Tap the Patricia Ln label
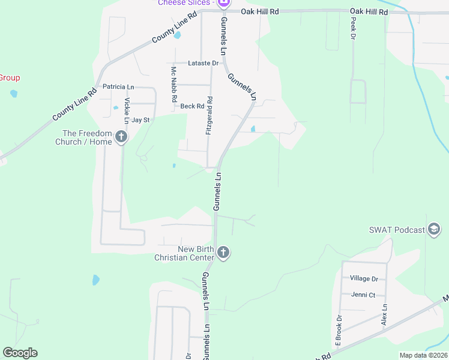(x=118, y=86)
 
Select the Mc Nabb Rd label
(x=173, y=83)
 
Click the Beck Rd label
(x=193, y=106)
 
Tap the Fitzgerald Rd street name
(x=209, y=115)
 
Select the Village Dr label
(x=364, y=278)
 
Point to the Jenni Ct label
(x=363, y=295)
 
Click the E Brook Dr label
(x=339, y=331)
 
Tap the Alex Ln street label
(x=384, y=314)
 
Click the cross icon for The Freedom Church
(x=121, y=137)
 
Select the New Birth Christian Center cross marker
(x=223, y=253)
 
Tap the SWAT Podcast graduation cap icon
(x=434, y=229)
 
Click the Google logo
(x=20, y=353)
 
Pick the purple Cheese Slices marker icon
(x=223, y=4)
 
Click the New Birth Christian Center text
(x=184, y=253)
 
